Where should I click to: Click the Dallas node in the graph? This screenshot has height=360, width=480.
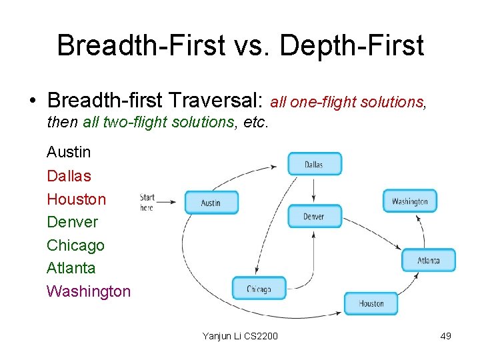[314, 164]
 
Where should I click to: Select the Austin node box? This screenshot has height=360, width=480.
[211, 203]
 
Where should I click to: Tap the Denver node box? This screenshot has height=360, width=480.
[314, 216]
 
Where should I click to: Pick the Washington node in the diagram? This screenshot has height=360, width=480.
[409, 201]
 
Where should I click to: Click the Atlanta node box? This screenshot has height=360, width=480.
[428, 260]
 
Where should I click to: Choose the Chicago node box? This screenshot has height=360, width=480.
[259, 289]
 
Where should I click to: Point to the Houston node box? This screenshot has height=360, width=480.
[371, 303]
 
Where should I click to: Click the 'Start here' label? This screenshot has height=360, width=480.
[147, 202]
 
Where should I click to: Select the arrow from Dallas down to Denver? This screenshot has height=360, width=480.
[314, 190]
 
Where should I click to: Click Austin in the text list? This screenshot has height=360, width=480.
[69, 152]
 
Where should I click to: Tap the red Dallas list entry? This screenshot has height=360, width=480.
[69, 176]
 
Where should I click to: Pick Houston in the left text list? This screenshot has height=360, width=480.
[76, 199]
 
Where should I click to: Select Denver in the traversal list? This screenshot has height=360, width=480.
[72, 222]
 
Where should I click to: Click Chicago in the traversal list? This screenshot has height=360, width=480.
[75, 245]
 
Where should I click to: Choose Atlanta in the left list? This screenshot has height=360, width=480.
[71, 268]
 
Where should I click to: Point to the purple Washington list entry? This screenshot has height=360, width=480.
[89, 291]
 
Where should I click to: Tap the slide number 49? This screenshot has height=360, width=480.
[445, 336]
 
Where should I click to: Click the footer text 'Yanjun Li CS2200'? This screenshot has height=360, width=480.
[240, 336]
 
